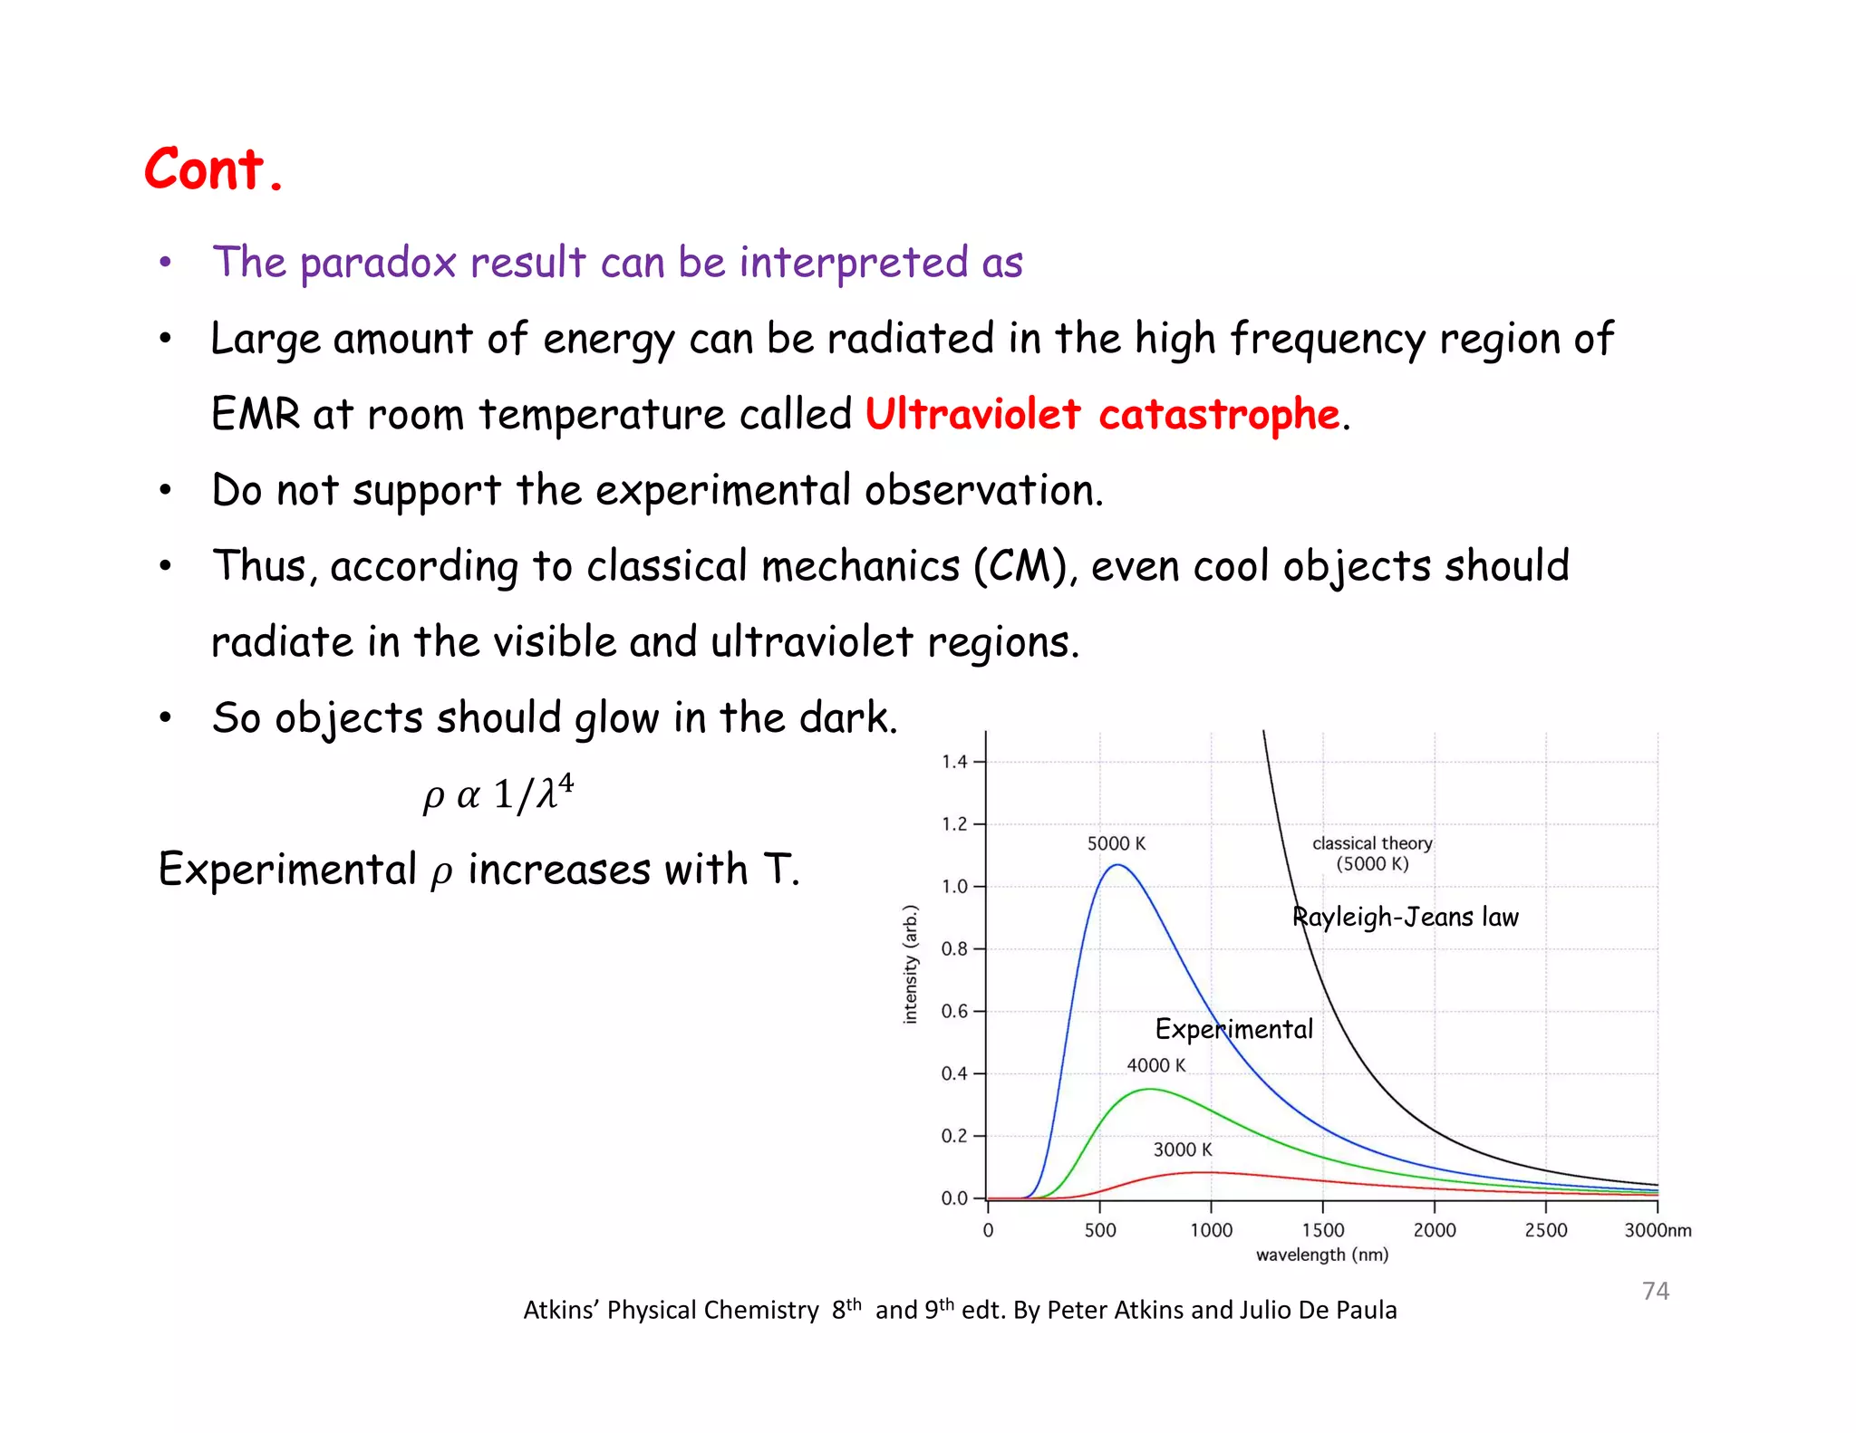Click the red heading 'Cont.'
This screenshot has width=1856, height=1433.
point(214,169)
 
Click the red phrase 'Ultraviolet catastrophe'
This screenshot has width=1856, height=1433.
point(1102,414)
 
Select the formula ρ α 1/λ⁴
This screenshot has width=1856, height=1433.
point(498,793)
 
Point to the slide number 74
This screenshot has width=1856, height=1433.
point(1655,1290)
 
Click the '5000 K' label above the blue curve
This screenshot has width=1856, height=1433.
point(1116,843)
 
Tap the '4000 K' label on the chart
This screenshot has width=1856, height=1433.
point(1155,1065)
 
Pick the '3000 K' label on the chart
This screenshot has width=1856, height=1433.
point(1182,1149)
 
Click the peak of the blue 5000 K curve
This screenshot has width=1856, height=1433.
point(1118,865)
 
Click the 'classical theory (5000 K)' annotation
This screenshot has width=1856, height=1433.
point(1372,852)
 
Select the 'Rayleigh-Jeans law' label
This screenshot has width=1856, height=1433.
point(1405,917)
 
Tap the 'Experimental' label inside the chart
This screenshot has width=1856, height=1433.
point(1233,1029)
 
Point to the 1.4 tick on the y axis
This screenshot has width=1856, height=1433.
point(954,762)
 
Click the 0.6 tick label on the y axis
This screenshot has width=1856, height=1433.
point(954,1011)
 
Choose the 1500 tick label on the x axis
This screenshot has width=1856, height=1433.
point(1322,1230)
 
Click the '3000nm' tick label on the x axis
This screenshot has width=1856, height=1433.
point(1657,1230)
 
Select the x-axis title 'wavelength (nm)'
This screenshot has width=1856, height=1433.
point(1321,1255)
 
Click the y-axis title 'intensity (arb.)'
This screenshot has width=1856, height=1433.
point(911,964)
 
